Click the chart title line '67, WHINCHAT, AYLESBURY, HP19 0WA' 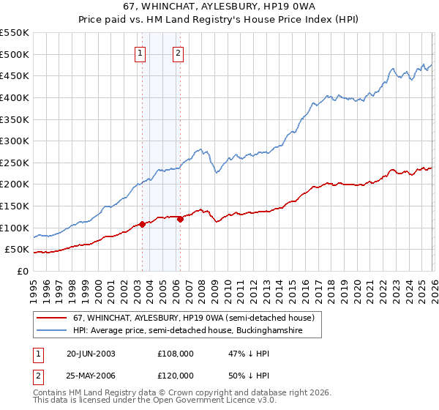pos(219,7)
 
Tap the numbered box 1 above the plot pos(140,52)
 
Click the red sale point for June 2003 pos(142,224)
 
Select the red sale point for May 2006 pos(180,219)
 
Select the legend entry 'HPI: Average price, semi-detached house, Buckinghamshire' pos(198,331)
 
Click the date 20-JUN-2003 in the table pos(90,353)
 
